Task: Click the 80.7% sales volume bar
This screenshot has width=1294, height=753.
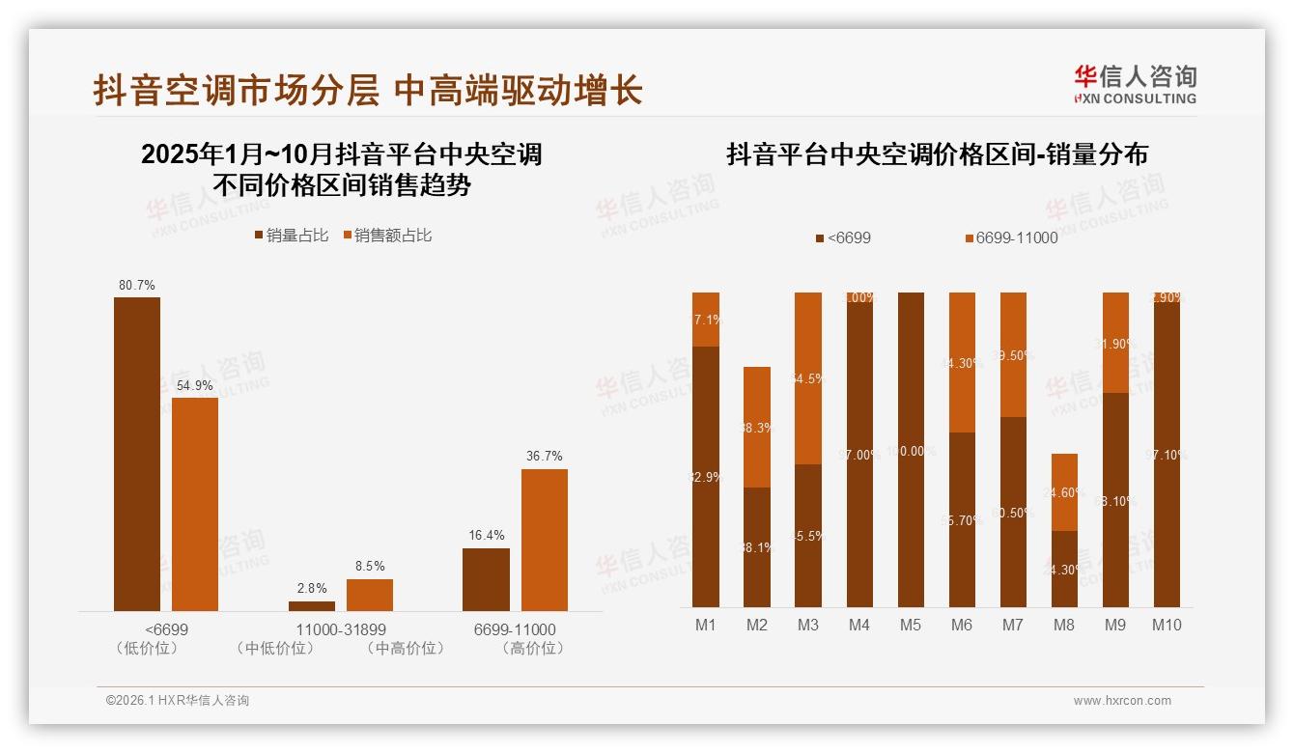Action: point(137,454)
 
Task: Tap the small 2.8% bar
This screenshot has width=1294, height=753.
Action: point(312,606)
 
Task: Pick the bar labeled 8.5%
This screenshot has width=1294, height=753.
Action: point(370,595)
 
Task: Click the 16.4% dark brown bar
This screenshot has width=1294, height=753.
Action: point(486,579)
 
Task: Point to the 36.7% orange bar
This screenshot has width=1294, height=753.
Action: point(545,540)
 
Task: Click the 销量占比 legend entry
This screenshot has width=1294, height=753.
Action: point(291,235)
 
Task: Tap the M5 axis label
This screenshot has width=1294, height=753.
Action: point(911,625)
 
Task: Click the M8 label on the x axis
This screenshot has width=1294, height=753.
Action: point(1063,625)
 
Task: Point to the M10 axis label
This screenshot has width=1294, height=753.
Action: point(1167,625)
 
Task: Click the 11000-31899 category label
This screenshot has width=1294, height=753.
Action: point(341,629)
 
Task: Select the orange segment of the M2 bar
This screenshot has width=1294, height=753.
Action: point(757,427)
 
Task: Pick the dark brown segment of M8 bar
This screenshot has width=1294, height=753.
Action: point(1064,569)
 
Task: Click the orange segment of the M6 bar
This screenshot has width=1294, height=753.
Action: point(962,362)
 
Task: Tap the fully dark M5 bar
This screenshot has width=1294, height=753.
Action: point(911,449)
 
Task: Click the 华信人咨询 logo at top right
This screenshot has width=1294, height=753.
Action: point(1135,84)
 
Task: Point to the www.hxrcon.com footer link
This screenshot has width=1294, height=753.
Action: point(1122,701)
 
